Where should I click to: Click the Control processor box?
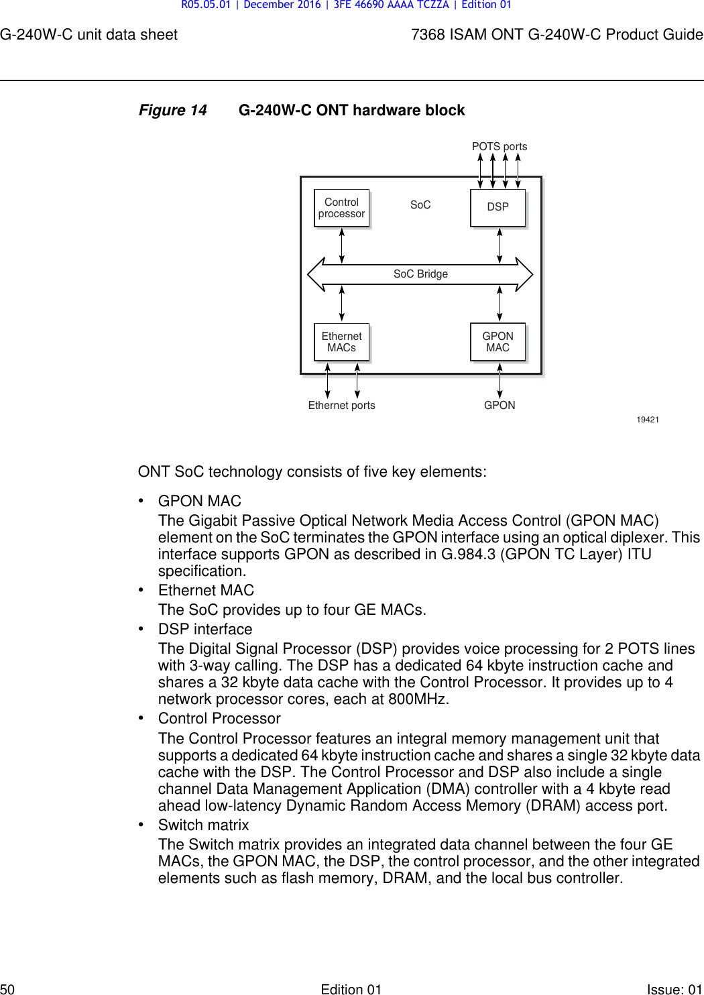coord(342,208)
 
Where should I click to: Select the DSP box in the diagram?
coord(498,207)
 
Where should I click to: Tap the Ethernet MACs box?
coord(342,342)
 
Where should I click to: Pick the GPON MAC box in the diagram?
coord(498,342)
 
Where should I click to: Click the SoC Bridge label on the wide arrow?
coord(420,274)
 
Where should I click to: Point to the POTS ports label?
coord(500,146)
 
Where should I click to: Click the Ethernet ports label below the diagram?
coord(341,405)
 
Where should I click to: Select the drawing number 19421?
coord(648,420)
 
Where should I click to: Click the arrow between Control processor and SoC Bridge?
coord(342,245)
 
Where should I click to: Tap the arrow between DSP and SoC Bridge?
coord(500,245)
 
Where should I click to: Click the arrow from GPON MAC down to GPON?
coord(500,381)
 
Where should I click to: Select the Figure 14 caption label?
coord(172,110)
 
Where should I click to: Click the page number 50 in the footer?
coord(7,989)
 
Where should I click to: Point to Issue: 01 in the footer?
coord(674,989)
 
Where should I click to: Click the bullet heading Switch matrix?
coord(203,825)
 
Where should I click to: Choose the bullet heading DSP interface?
coord(205,629)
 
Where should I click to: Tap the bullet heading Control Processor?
coord(219,718)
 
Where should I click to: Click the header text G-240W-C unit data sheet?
coord(89,35)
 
